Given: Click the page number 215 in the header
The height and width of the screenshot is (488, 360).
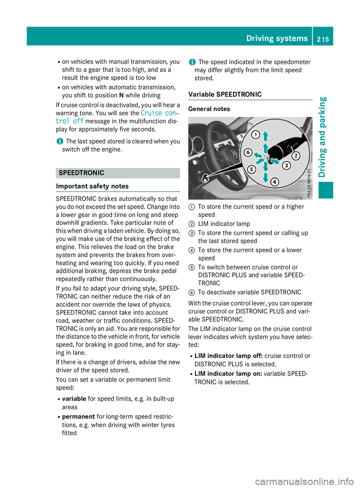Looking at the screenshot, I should click(x=322, y=39).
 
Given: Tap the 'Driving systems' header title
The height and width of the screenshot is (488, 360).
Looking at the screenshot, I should click(x=277, y=38).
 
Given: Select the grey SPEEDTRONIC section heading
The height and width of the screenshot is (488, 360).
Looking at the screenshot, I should click(x=81, y=173).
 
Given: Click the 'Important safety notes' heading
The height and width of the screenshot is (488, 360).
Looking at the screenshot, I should click(x=92, y=186).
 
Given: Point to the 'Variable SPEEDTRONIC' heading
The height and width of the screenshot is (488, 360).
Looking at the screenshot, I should click(x=225, y=94).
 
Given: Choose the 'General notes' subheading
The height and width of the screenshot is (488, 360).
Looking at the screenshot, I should click(x=209, y=109).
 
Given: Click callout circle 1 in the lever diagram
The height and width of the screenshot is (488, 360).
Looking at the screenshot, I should click(x=255, y=135).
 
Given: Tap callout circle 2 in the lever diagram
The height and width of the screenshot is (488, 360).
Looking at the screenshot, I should click(x=296, y=156).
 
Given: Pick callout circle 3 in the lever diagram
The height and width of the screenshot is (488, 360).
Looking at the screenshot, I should click(x=286, y=165).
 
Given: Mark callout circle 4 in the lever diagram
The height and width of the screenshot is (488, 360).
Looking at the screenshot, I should click(x=275, y=182).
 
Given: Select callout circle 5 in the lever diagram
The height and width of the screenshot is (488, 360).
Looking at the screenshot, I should click(x=251, y=169).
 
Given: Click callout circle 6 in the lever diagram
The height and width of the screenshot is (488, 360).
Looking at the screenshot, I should click(x=247, y=152).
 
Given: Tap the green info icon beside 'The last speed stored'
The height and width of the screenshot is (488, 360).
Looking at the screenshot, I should click(x=60, y=141).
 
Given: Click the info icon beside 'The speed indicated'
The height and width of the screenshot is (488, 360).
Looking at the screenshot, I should click(x=192, y=62).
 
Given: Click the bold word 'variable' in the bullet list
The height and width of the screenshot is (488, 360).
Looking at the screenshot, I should click(x=74, y=399).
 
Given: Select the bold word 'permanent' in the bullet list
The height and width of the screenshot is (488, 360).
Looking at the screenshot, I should click(x=78, y=417).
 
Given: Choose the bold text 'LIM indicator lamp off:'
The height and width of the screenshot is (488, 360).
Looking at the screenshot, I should click(x=228, y=356).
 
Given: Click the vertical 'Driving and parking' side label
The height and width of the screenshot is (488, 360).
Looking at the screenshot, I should click(x=322, y=137).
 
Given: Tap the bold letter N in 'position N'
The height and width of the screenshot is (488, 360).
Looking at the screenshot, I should click(x=121, y=96).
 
